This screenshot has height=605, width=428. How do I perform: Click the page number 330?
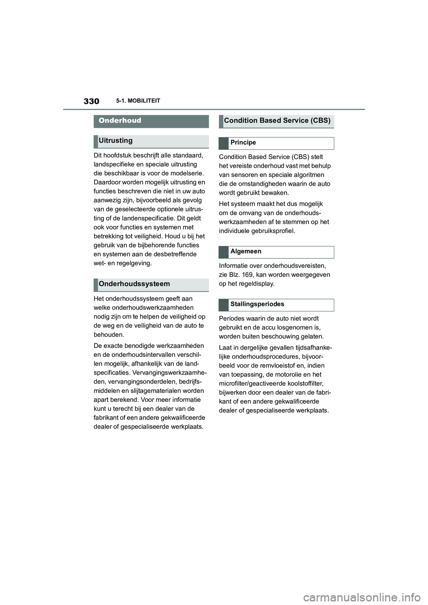91,101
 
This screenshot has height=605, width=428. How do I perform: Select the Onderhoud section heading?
120,121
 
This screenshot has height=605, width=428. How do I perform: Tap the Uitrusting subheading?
115,141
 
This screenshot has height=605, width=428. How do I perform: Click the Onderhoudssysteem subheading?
134,284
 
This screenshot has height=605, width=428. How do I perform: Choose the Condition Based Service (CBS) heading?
277,121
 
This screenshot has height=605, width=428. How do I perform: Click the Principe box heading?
243,143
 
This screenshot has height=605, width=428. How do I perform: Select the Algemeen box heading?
246,252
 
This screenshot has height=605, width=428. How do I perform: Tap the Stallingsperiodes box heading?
257,304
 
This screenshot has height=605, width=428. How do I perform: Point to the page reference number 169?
247,275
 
